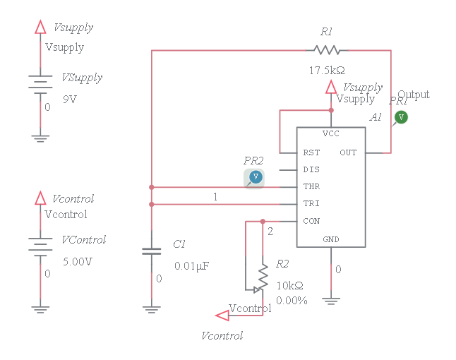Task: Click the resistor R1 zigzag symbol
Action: coord(327,50)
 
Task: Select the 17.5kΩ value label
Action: coord(326,71)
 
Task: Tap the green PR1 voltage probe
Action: coord(401,117)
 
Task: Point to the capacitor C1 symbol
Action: coord(151,251)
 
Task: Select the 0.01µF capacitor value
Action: coord(192,266)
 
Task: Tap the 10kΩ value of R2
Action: coord(289,286)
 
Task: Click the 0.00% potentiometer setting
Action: coord(292,300)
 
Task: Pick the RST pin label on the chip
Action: coord(311,152)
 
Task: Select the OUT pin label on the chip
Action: coord(348,152)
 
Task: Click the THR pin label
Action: coord(311,186)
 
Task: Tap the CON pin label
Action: coord(311,220)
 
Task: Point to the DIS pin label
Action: coord(311,169)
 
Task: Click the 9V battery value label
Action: coord(70,99)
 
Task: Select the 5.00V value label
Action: coord(77,261)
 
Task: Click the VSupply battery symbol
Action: coord(40,83)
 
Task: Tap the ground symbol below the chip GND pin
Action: coord(330,300)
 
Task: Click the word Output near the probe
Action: coord(413,95)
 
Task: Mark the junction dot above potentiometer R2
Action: coord(263,220)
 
